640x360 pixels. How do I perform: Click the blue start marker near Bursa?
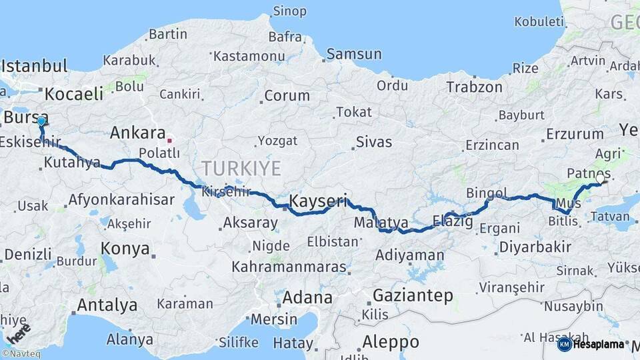[x=41, y=121]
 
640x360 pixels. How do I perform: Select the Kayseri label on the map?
[x=318, y=200]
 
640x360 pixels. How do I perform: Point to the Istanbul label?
[x=35, y=66]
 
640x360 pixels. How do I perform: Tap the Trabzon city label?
[x=474, y=87]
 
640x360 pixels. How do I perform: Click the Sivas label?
[x=374, y=142]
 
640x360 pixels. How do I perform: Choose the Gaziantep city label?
[x=413, y=295]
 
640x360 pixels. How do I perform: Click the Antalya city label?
[x=107, y=305]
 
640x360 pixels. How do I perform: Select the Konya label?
[x=125, y=249]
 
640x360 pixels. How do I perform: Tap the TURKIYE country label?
[x=241, y=167]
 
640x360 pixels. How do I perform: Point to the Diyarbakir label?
[x=533, y=247]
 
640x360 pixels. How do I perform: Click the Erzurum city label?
[x=575, y=134]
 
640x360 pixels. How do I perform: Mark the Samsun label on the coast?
[x=354, y=54]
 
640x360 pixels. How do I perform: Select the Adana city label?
[x=307, y=297]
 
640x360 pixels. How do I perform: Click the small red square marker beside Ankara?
[x=169, y=141]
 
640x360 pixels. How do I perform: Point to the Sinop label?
[x=290, y=11]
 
